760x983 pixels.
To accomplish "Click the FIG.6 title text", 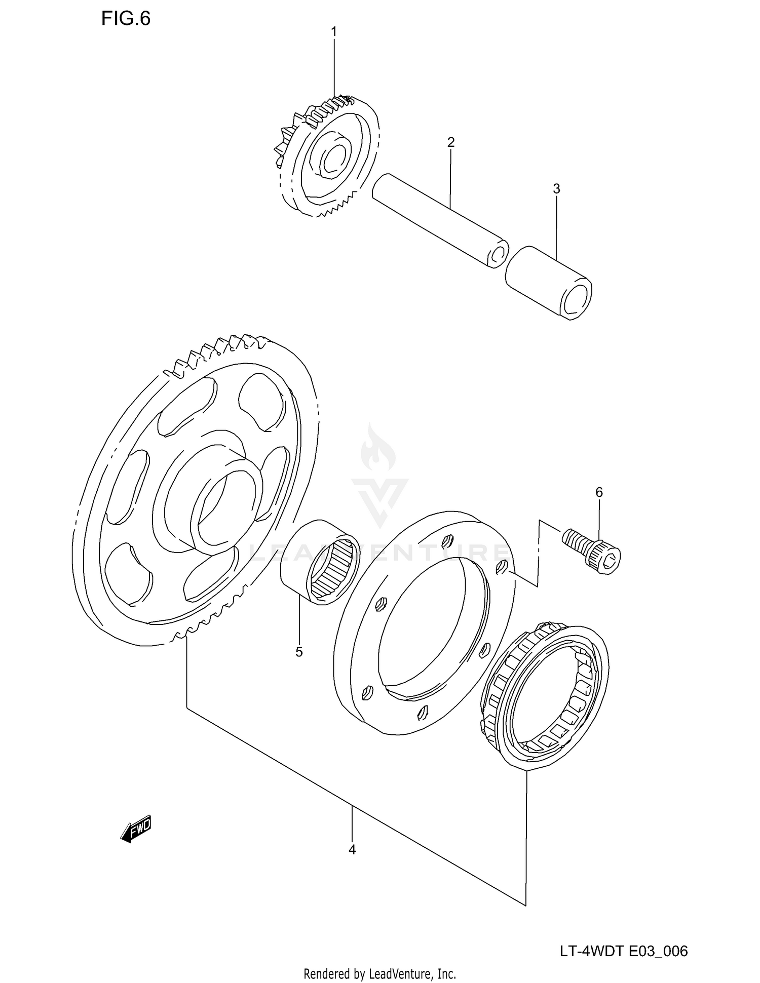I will (126, 19).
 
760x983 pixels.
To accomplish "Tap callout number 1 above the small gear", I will (334, 32).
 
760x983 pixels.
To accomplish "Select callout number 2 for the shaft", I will (450, 142).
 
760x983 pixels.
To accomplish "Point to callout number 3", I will (556, 189).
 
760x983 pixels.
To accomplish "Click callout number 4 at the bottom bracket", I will (352, 849).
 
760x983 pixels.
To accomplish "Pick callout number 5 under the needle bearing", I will (299, 652).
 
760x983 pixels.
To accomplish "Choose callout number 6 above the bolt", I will (599, 492).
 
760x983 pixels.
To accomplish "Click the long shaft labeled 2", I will (438, 220).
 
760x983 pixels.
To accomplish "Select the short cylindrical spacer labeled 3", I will (548, 282).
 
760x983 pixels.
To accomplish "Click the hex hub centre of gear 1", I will (332, 157).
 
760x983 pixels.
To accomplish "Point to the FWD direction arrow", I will (136, 829).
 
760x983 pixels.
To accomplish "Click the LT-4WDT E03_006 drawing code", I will (624, 951).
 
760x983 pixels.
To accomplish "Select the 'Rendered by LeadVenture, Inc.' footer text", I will (379, 973).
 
